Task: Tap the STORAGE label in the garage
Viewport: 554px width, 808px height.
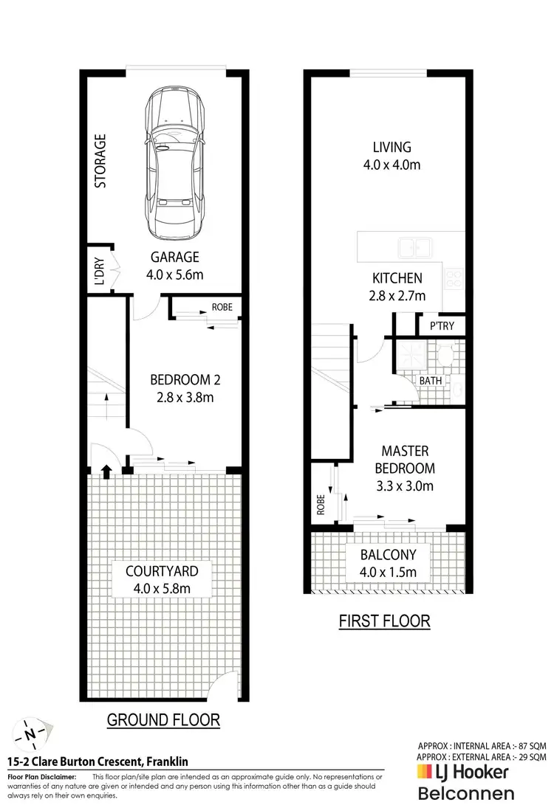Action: (100, 160)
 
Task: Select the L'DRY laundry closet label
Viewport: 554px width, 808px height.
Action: (98, 269)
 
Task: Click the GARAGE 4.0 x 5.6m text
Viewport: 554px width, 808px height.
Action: (176, 266)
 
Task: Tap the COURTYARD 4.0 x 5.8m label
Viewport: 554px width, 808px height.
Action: (162, 579)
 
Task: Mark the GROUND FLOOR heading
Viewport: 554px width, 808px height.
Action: (163, 719)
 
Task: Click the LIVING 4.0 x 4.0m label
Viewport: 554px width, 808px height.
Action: (391, 156)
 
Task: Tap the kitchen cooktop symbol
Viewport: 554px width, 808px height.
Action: (454, 279)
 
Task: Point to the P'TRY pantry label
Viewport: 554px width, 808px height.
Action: (431, 325)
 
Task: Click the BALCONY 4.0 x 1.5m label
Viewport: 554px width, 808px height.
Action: (389, 563)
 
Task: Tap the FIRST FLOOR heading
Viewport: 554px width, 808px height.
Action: (384, 621)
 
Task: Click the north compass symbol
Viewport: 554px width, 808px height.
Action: (30, 733)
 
